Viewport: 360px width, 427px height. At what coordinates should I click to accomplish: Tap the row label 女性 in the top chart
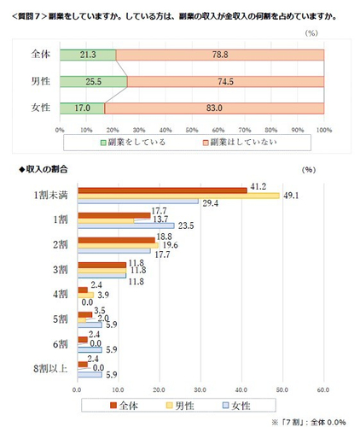pyautogui.click(x=39, y=108)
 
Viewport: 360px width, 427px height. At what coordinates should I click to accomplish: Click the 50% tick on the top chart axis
pyautogui.click(x=191, y=130)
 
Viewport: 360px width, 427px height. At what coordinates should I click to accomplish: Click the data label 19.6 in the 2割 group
pyautogui.click(x=169, y=246)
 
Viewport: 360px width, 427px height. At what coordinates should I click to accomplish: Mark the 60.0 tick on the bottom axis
pyautogui.click(x=322, y=390)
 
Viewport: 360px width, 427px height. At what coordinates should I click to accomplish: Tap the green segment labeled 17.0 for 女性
pyautogui.click(x=82, y=108)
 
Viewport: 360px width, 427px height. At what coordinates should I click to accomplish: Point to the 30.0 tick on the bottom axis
pyautogui.click(x=200, y=390)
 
